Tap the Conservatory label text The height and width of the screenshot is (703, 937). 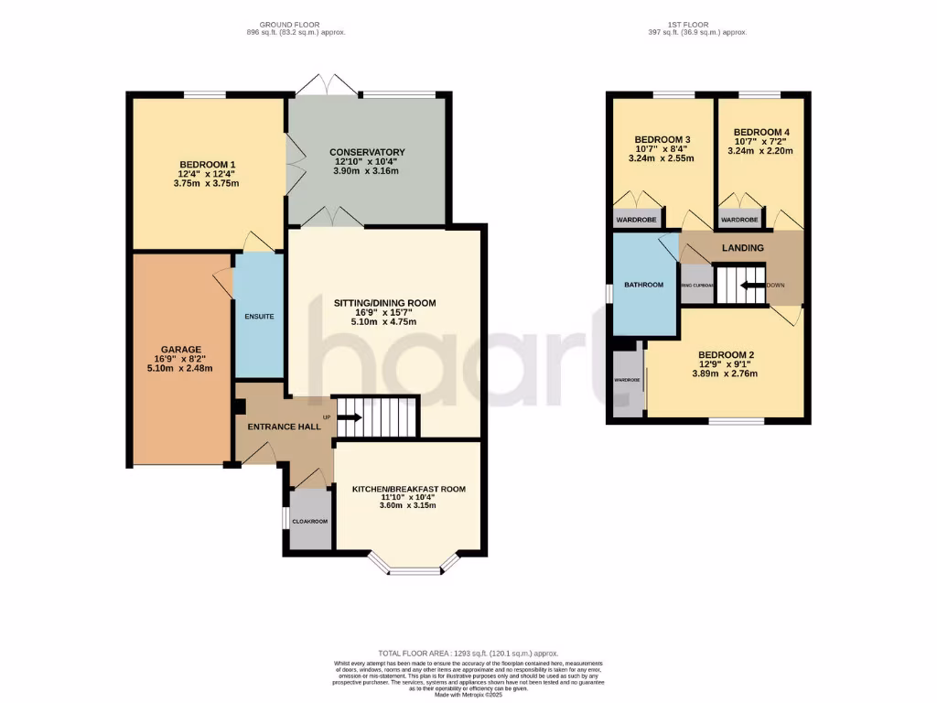pos(366,152)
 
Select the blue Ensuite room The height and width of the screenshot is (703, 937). pos(258,317)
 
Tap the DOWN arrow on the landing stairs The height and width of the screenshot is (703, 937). pos(753,285)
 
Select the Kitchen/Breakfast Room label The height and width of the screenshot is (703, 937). pos(409,490)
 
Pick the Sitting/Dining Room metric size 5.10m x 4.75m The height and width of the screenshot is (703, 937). pos(384,322)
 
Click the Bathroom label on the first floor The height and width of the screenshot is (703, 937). pos(643,285)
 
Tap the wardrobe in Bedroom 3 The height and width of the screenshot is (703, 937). pos(639,220)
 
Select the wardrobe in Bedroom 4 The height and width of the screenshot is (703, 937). pos(739,220)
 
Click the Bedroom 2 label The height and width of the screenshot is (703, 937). pos(726,354)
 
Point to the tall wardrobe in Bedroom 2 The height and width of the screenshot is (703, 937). pos(627,378)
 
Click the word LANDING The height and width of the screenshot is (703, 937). pos(742,248)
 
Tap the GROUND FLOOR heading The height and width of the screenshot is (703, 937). pos(288,23)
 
